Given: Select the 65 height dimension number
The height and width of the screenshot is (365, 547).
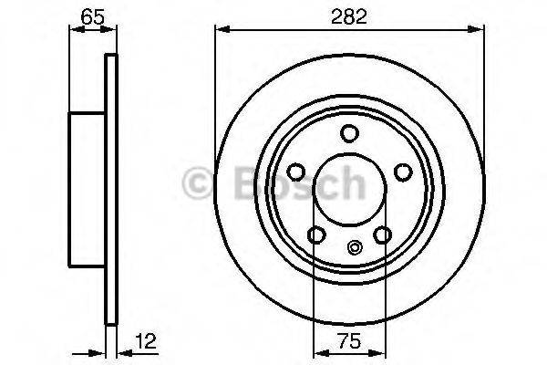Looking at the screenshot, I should click(91, 15).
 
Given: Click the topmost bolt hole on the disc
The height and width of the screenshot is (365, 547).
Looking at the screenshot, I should click(348, 134).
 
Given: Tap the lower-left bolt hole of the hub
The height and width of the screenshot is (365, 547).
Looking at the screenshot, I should click(315, 235).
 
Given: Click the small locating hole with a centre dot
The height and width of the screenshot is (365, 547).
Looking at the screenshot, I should click(354, 245).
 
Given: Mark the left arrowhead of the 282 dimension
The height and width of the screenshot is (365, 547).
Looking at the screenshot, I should click(220, 31).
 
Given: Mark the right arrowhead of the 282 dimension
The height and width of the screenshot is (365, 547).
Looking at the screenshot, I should click(477, 31).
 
